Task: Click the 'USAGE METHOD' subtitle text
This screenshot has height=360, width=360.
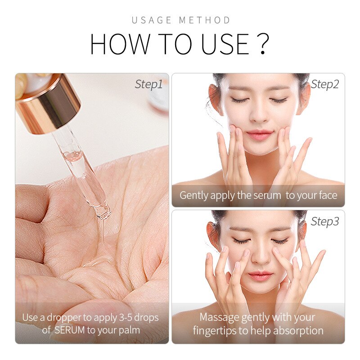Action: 181,20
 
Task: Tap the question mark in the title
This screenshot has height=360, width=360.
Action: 264,44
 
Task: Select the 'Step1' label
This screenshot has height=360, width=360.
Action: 148,84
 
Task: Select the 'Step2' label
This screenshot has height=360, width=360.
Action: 325,84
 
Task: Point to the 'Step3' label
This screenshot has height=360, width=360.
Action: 325,221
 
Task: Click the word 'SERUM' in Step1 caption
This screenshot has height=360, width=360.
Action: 69,330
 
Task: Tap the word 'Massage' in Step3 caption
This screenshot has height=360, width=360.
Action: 219,317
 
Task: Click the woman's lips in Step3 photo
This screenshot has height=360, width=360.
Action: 260,275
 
